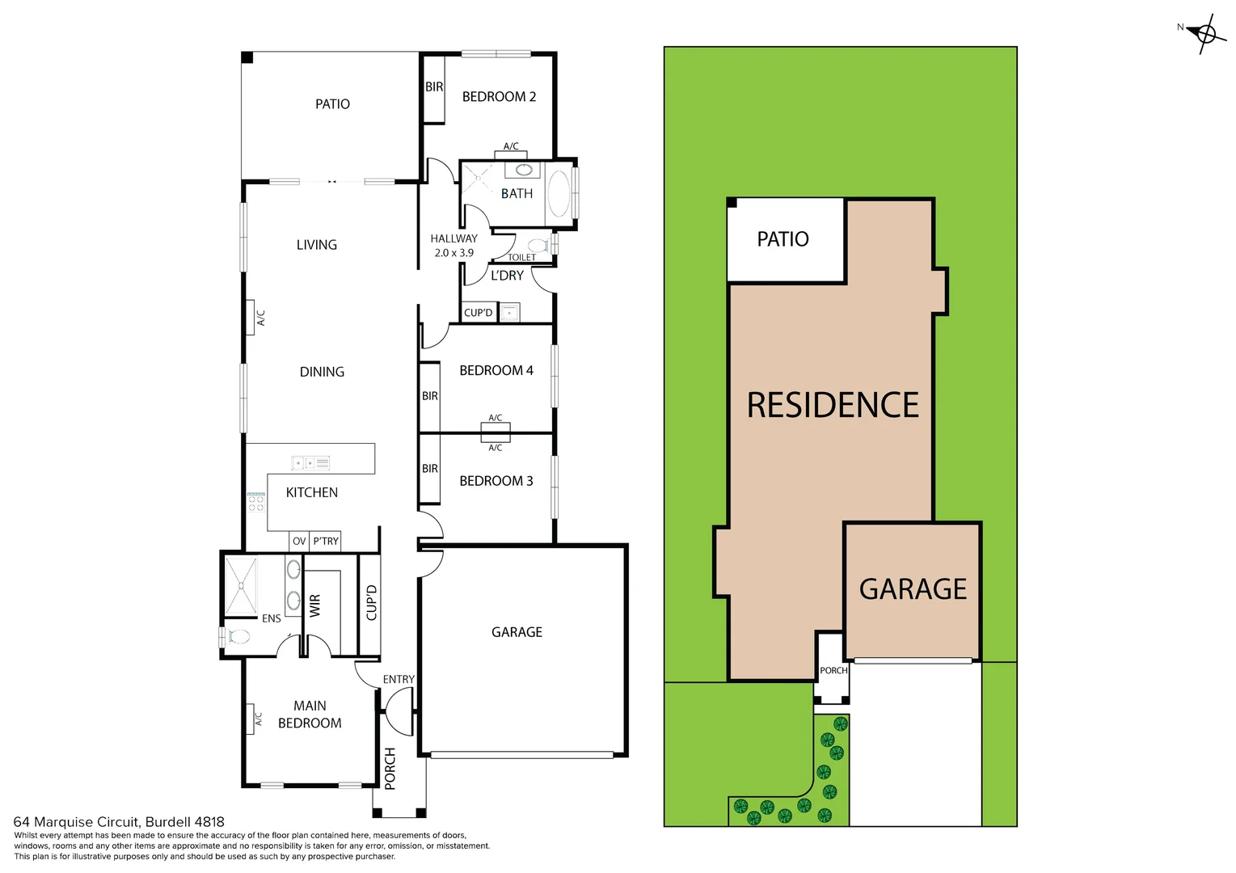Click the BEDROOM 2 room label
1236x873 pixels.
click(499, 97)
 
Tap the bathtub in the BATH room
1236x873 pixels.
click(559, 194)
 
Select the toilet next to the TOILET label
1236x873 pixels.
click(538, 245)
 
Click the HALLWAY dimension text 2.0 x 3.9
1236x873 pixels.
click(453, 253)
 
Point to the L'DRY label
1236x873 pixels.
click(507, 276)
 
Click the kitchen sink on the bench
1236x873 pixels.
click(310, 463)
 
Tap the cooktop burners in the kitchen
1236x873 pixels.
click(256, 503)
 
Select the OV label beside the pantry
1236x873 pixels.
click(299, 541)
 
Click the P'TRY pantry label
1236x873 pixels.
click(326, 541)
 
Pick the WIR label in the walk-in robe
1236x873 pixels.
click(315, 605)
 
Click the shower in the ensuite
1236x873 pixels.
click(240, 586)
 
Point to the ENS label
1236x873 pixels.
click(272, 618)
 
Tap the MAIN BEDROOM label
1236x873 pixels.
click(310, 715)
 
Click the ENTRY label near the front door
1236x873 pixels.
click(399, 680)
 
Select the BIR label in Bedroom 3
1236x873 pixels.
click(430, 469)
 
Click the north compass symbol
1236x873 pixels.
click(1205, 35)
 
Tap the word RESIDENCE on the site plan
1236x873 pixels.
click(833, 405)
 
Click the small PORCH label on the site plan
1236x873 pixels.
click(833, 670)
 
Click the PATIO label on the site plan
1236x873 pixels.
click(783, 239)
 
